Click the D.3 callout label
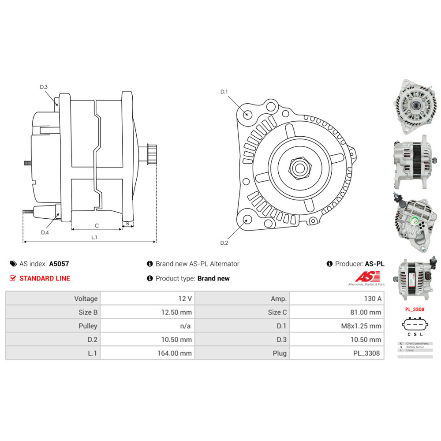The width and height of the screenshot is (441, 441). click(44, 87)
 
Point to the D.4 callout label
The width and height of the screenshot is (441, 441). click(45, 232)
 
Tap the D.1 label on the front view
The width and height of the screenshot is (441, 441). click(224, 92)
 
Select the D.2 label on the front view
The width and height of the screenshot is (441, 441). click(224, 243)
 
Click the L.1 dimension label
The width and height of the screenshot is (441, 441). click(94, 237)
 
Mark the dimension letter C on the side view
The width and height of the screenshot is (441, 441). click(97, 226)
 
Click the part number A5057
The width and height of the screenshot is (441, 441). click(59, 264)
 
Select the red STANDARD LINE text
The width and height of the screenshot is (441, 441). click(45, 278)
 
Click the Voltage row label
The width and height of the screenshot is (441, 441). click(86, 299)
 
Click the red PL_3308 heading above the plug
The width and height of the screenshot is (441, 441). click(415, 309)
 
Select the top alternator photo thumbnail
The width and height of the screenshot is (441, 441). click(415, 106)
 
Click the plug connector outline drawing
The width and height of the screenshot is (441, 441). click(415, 325)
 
